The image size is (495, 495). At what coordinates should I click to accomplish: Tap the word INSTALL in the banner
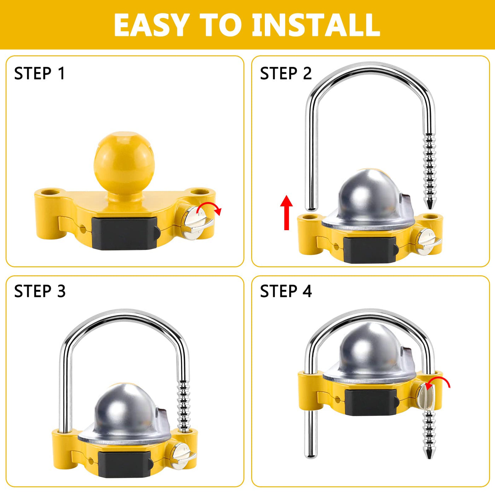pos(316,25)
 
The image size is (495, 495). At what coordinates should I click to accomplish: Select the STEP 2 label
pos(286,74)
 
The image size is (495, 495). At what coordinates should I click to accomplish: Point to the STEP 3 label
pos(40,291)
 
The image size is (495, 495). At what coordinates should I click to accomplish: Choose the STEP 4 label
pos(286,291)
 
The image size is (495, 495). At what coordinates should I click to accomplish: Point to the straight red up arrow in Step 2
pos(286,212)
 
